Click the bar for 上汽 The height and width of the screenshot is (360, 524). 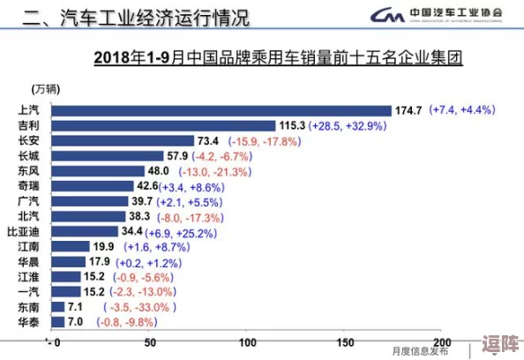tap(221, 110)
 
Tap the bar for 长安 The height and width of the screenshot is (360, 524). tap(123, 140)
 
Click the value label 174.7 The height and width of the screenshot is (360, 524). tap(408, 110)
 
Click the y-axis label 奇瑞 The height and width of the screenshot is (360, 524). tap(28, 186)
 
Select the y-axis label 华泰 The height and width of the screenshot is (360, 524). tap(28, 322)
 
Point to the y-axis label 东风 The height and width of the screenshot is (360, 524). tap(28, 171)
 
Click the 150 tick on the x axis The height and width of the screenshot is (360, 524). tap(344, 342)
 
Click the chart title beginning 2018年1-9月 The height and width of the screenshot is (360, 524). tap(279, 59)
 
